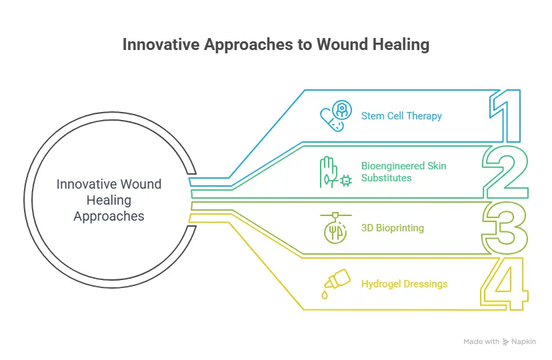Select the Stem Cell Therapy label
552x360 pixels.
401,116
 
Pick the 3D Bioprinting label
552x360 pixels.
393,228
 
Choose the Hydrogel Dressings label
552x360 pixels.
404,284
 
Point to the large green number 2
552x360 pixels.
505,171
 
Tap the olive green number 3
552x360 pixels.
505,228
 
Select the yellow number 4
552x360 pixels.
505,285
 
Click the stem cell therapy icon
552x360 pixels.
334,117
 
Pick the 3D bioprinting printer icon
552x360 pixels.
334,228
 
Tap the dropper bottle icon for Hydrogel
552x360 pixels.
334,283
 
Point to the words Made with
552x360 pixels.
481,342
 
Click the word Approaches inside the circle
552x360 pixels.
109,216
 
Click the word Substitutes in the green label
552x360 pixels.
387,178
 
